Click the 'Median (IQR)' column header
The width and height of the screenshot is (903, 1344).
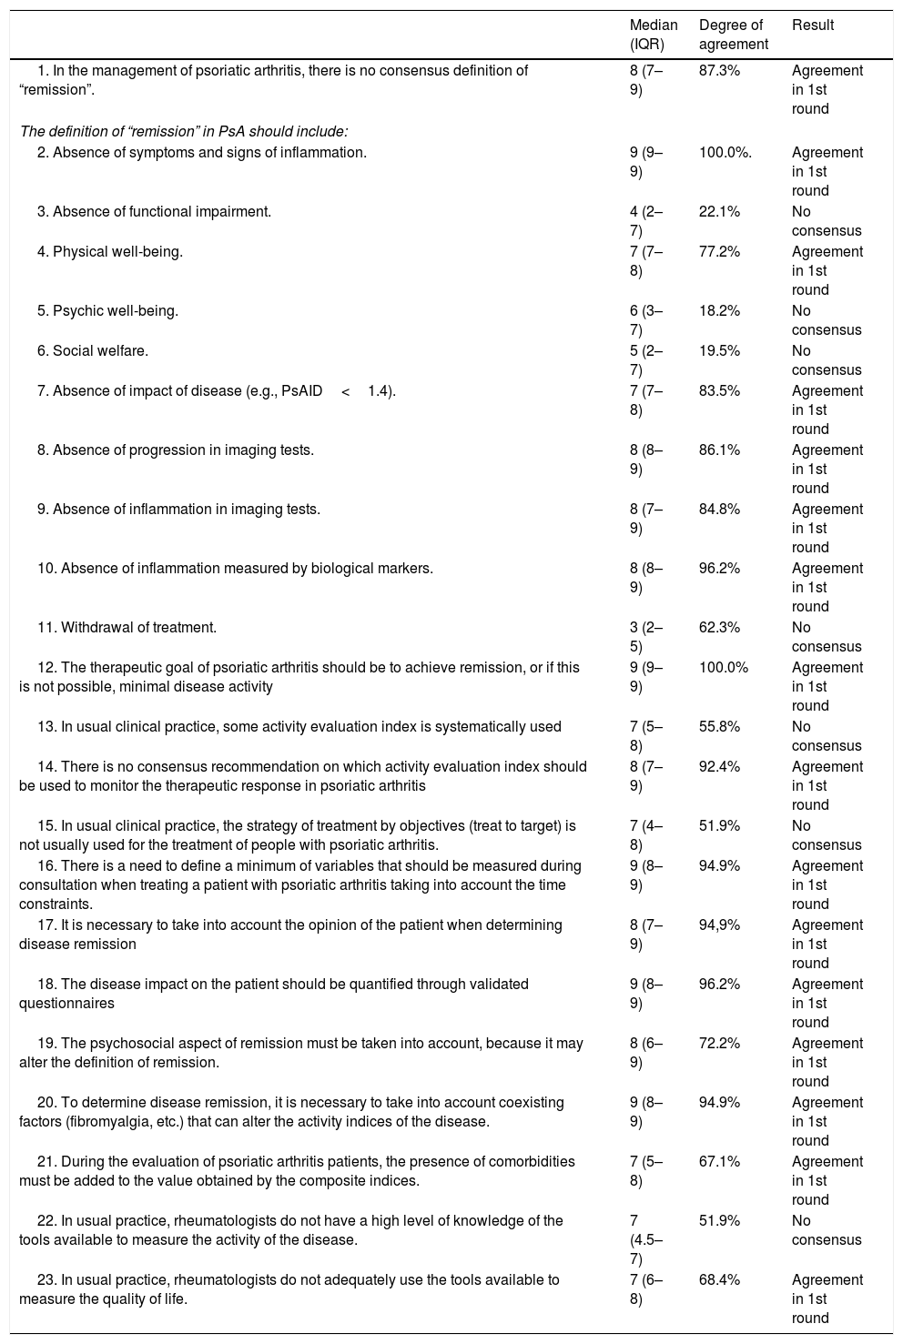coord(654,35)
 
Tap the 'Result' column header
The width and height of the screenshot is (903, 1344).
coord(813,25)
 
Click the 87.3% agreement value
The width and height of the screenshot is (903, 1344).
coord(719,70)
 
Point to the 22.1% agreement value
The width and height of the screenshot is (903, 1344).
coord(719,212)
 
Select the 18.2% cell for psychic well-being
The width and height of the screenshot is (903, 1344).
coord(719,311)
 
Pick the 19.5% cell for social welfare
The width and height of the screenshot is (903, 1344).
coord(719,351)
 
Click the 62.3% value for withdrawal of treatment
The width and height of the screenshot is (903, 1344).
coord(719,627)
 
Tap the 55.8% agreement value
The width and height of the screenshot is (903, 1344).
coord(719,726)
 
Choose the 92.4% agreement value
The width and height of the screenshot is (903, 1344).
coord(719,766)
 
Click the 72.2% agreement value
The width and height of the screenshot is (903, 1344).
coord(719,1043)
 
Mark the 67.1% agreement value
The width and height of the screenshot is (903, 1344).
coord(719,1161)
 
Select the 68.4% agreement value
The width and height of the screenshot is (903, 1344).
coord(719,1279)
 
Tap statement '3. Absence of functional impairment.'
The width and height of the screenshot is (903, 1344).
coord(154,212)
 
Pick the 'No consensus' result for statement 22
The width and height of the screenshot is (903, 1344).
coord(827,1230)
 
